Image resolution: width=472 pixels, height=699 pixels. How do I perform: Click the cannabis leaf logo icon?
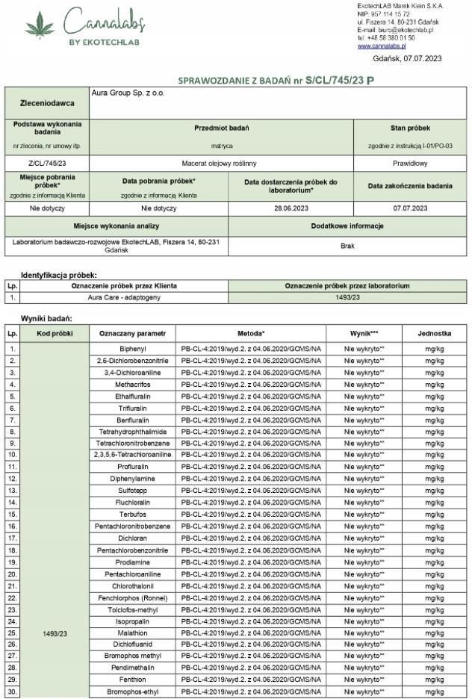pyautogui.click(x=40, y=25)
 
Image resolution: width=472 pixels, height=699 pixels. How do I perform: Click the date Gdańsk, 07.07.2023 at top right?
pyautogui.click(x=407, y=59)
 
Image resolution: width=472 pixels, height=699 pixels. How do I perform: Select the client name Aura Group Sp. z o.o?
pyautogui.click(x=128, y=93)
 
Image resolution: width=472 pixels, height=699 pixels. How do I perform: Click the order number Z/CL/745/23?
pyautogui.click(x=46, y=163)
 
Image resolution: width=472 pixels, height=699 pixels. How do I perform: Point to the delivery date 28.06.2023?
pyautogui.click(x=291, y=208)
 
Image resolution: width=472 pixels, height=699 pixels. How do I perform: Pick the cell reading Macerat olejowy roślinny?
pyautogui.click(x=220, y=163)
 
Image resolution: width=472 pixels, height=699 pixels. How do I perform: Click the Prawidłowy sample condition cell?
pyautogui.click(x=409, y=163)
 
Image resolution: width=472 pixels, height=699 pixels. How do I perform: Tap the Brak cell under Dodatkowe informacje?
pyautogui.click(x=347, y=245)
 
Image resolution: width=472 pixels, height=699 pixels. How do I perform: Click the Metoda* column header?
pyautogui.click(x=251, y=333)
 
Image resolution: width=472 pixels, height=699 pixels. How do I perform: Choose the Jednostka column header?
pyautogui.click(x=434, y=333)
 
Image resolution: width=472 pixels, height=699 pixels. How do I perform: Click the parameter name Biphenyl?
pyautogui.click(x=133, y=349)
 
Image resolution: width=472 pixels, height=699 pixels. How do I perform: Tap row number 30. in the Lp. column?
pyautogui.click(x=12, y=692)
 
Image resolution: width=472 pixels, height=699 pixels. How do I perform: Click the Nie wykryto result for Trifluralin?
pyautogui.click(x=364, y=408)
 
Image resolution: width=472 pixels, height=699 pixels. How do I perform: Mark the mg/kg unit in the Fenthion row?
pyautogui.click(x=434, y=680)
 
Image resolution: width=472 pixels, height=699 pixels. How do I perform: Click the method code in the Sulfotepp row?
pyautogui.click(x=251, y=491)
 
